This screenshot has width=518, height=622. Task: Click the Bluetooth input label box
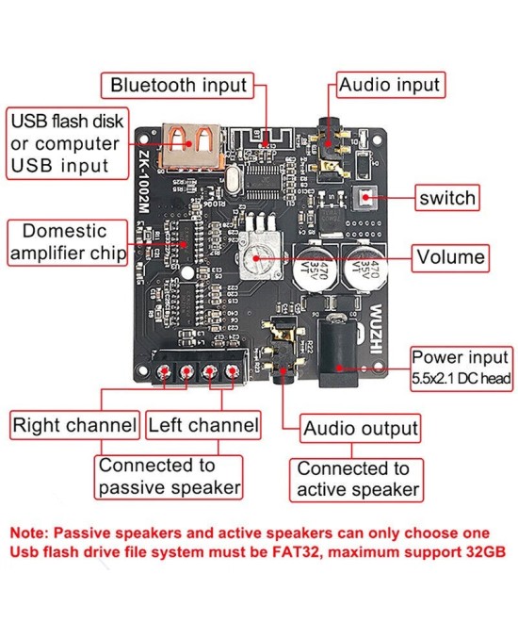click(x=178, y=85)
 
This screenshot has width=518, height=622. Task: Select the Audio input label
click(x=389, y=85)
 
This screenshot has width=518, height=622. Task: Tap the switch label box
click(x=447, y=199)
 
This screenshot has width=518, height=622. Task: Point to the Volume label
click(x=451, y=256)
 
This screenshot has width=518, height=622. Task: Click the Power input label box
click(x=461, y=368)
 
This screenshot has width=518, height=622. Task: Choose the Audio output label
click(x=360, y=428)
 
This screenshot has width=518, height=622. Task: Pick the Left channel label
click(x=202, y=425)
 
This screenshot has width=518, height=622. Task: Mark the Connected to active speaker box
click(x=357, y=480)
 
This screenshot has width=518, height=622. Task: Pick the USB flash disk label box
click(x=65, y=144)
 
